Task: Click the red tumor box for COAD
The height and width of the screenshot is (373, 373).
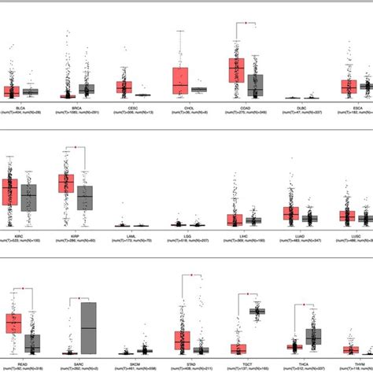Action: pos(236,69)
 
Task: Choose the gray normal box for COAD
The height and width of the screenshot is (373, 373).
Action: pos(255,85)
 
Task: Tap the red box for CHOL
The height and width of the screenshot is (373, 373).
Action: pos(181,76)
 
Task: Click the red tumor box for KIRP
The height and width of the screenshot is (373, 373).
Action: pos(67,184)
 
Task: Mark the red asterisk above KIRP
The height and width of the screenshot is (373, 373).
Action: pos(76,146)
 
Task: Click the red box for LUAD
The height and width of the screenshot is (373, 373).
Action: pos(291,213)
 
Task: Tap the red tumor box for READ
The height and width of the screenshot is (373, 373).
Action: pos(13,323)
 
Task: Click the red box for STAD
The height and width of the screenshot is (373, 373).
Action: pos(183,341)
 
